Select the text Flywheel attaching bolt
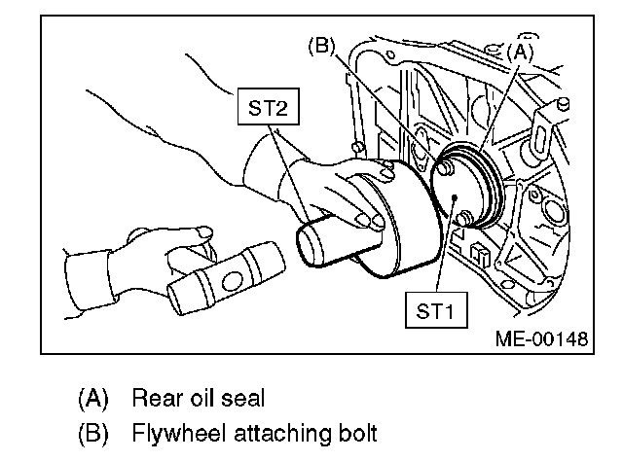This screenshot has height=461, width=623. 229,432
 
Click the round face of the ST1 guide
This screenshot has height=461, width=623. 458,195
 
